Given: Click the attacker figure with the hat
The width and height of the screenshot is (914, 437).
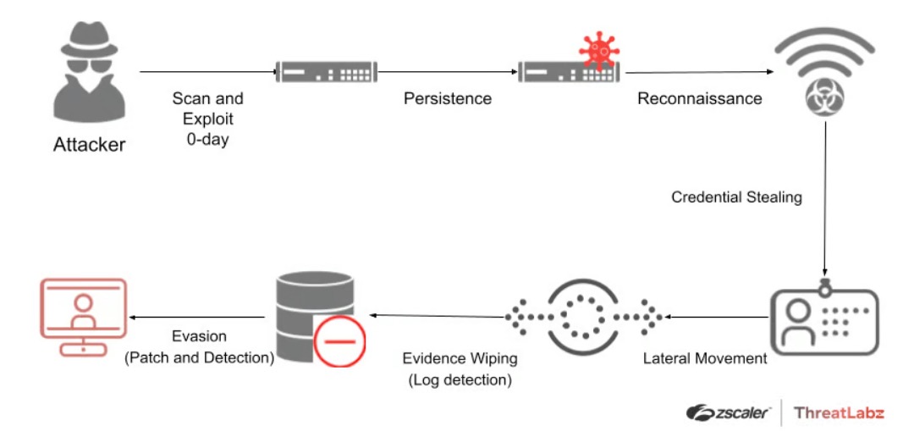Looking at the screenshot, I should [x=89, y=76].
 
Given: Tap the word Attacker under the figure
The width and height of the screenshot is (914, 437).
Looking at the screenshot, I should [x=89, y=145].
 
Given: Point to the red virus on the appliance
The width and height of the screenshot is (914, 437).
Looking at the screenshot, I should [x=599, y=48].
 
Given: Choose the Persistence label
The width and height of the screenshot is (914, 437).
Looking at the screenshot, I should [x=447, y=98].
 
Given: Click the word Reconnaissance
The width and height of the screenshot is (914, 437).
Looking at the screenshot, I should [x=699, y=98].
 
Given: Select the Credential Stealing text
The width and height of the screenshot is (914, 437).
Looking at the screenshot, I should [x=736, y=197].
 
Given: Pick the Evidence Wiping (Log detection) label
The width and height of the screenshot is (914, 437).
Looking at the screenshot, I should [x=460, y=369].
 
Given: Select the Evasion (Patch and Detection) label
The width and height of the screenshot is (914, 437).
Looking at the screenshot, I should [x=200, y=347].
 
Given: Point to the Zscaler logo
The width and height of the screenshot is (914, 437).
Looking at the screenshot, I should [x=729, y=412].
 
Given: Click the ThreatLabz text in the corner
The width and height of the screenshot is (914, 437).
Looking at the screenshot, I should [x=839, y=412].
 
